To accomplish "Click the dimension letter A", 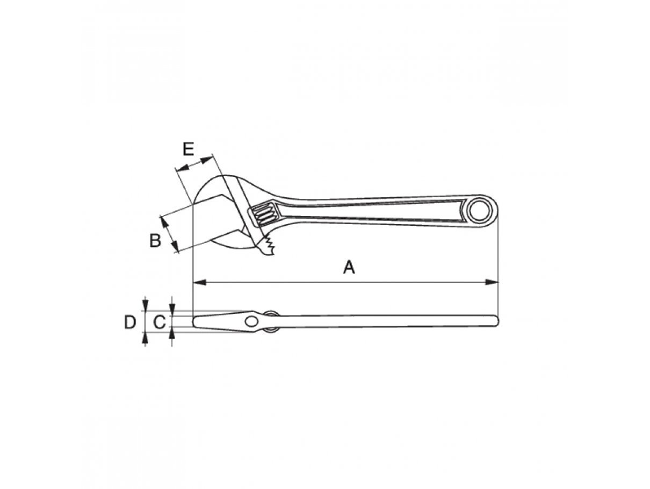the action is tap(349, 267).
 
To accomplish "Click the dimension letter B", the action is tap(155, 240).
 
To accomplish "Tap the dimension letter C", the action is tap(160, 322).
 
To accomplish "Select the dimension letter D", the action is tap(129, 322).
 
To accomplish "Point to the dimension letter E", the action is tap(189, 149).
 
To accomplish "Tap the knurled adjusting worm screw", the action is tap(263, 214).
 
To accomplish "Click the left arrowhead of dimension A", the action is tap(199, 282).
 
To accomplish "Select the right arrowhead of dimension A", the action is tap(492, 282).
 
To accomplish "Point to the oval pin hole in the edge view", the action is tap(251, 321).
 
